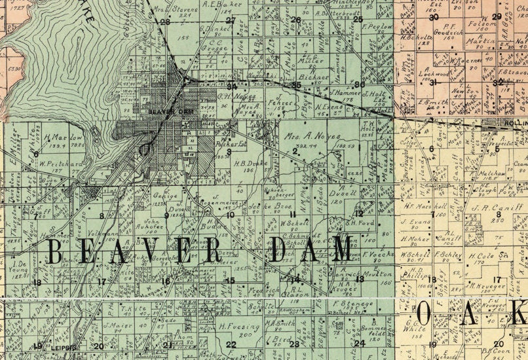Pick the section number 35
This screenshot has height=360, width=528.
tap(296, 85)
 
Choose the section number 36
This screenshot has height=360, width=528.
tap(358, 84)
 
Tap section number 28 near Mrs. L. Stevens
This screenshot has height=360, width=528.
tap(165, 22)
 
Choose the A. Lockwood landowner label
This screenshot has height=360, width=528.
tap(436, 73)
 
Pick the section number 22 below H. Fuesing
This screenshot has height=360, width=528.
tap(231, 344)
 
